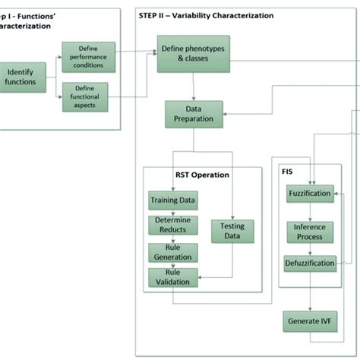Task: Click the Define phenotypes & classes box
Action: pyautogui.click(x=194, y=57)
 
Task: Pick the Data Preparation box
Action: pyautogui.click(x=194, y=114)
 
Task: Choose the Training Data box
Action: pyautogui.click(x=172, y=201)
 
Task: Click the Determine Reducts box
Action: pyautogui.click(x=172, y=225)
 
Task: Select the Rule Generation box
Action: pyautogui.click(x=172, y=251)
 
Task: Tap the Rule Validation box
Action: pyautogui.click(x=172, y=276)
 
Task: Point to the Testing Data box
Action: pyautogui.click(x=232, y=231)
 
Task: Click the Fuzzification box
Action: pyautogui.click(x=309, y=194)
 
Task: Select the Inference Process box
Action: pyautogui.click(x=309, y=232)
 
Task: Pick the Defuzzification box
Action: pyautogui.click(x=309, y=264)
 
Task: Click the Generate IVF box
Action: pyautogui.click(x=309, y=321)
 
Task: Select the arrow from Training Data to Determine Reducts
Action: pyautogui.click(x=172, y=212)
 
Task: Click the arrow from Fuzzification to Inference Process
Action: pyautogui.click(x=309, y=212)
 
